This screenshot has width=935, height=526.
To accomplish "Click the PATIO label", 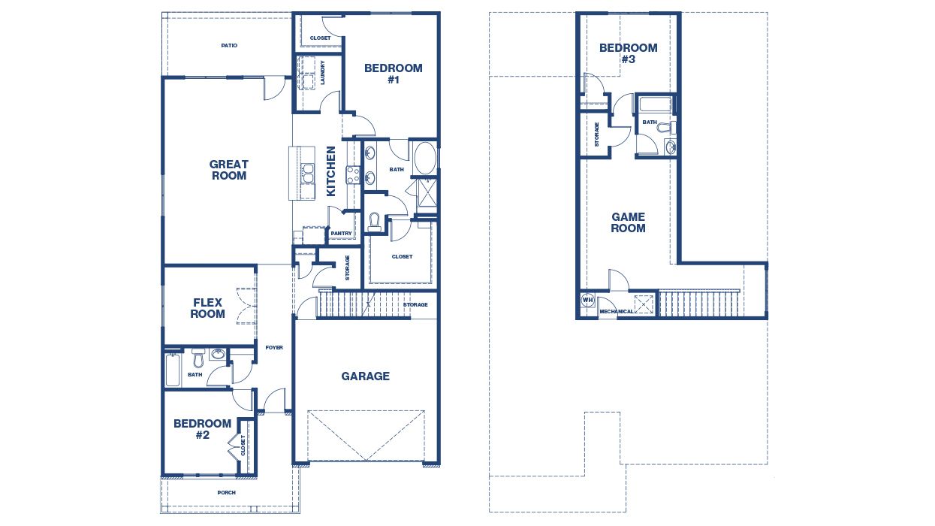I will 229,46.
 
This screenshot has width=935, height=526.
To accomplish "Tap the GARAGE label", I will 366,376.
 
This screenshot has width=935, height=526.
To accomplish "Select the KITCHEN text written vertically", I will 330,171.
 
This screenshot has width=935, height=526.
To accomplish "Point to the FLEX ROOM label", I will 207,308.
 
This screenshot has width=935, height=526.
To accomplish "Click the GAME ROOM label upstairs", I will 628,222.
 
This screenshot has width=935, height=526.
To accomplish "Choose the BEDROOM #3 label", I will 628,53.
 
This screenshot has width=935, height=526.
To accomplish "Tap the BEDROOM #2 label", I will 202,428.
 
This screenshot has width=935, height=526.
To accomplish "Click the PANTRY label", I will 341,234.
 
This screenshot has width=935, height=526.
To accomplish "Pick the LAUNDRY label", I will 322,73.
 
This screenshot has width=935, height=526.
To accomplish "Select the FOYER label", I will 274,347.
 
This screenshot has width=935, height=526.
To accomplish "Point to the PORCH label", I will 226,493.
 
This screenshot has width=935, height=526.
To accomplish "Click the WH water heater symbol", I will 587,300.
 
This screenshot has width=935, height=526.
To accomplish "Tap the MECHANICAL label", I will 616,311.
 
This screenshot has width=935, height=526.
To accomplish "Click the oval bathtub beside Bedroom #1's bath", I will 424,157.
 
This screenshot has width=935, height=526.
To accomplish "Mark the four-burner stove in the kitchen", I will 353,175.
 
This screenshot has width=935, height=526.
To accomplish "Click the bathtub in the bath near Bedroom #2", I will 173,370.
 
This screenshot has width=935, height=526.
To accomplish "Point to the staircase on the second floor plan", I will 698,304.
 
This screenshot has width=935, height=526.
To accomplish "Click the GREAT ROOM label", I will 229,170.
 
